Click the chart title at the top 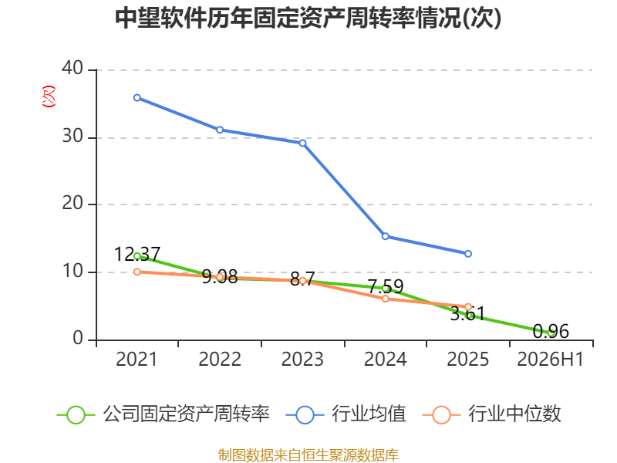(x=308, y=18)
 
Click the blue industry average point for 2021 (x=137, y=98)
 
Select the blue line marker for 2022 (x=220, y=130)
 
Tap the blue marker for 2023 (x=302, y=143)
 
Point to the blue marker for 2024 (x=386, y=236)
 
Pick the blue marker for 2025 (x=468, y=254)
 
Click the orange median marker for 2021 (x=137, y=272)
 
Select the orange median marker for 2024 (x=386, y=299)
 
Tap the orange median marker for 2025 (x=468, y=306)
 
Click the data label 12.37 (x=137, y=254)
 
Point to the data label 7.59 (x=386, y=286)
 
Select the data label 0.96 (x=551, y=331)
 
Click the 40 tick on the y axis (x=72, y=68)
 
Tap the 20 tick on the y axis (x=72, y=203)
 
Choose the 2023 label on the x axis (x=302, y=359)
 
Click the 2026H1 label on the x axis (x=550, y=359)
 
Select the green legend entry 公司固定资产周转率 (x=164, y=414)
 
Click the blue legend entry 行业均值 (x=346, y=414)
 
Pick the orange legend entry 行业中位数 (x=492, y=414)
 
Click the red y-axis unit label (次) (x=49, y=96)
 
